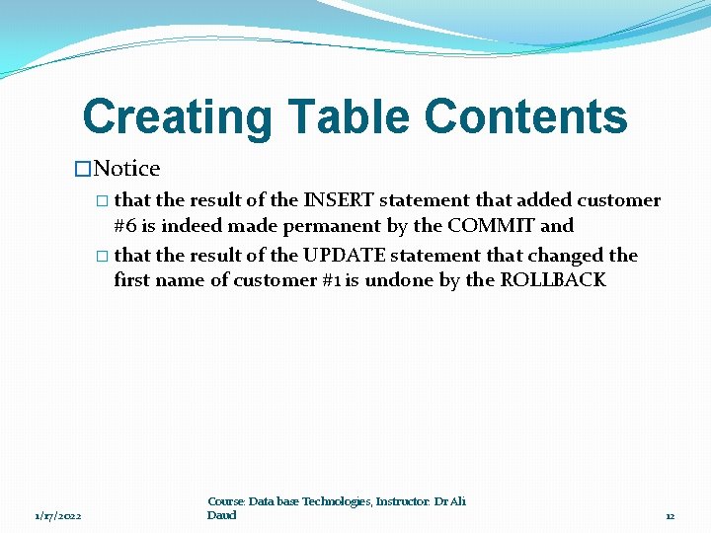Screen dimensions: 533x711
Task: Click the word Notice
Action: tap(126, 169)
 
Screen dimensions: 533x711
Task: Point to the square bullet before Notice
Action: tap(83, 169)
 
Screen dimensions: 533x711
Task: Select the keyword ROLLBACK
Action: tap(553, 280)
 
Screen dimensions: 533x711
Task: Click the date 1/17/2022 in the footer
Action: tap(58, 516)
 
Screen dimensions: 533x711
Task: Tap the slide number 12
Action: tap(670, 516)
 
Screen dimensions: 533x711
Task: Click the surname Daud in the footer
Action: tap(222, 515)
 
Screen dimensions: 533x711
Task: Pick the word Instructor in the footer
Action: tap(403, 501)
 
